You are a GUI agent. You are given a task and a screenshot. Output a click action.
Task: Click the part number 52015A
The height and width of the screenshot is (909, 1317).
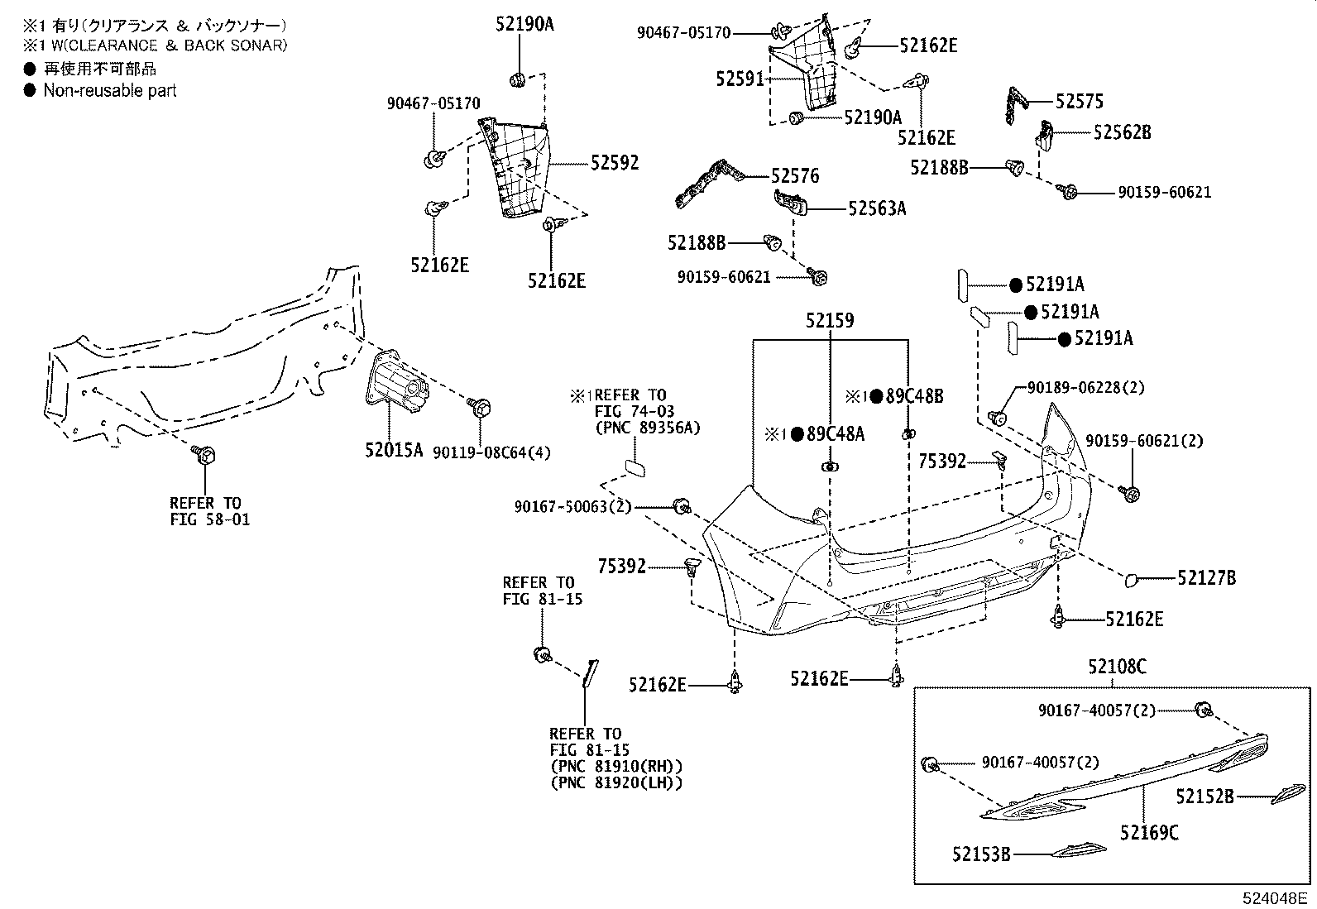tap(394, 450)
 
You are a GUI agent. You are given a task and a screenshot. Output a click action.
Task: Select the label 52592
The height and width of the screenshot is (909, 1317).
tap(614, 163)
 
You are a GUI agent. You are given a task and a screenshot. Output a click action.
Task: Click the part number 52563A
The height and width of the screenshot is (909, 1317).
tap(876, 209)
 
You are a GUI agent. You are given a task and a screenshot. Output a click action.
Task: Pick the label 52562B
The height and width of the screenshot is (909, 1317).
tap(1122, 132)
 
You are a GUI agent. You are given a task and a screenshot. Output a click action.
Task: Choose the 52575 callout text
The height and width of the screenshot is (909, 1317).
tap(1080, 102)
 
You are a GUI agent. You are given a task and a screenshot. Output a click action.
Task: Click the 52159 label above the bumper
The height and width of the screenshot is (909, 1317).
tap(830, 320)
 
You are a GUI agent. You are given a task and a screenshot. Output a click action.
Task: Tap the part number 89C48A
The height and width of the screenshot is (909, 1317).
tap(836, 434)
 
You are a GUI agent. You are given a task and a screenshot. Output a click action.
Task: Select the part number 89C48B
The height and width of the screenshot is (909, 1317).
tap(914, 396)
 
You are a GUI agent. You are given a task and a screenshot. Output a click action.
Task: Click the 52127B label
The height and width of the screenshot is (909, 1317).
tap(1206, 578)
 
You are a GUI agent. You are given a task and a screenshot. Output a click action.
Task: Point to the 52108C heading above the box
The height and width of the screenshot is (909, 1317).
tap(1117, 666)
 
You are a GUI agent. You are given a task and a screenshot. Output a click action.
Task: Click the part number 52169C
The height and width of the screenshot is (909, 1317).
tap(1149, 833)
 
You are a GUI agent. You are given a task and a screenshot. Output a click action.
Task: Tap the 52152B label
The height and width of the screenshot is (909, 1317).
tap(1205, 797)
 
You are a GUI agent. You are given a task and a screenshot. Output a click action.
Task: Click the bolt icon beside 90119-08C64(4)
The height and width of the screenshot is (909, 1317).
tap(479, 407)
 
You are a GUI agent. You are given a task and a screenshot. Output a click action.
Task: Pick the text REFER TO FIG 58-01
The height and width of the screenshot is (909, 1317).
tap(209, 511)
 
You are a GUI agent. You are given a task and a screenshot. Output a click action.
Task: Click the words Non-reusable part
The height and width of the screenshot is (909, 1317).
tap(110, 91)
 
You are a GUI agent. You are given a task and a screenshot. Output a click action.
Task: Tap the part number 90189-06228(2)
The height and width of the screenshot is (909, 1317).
tap(1085, 387)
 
